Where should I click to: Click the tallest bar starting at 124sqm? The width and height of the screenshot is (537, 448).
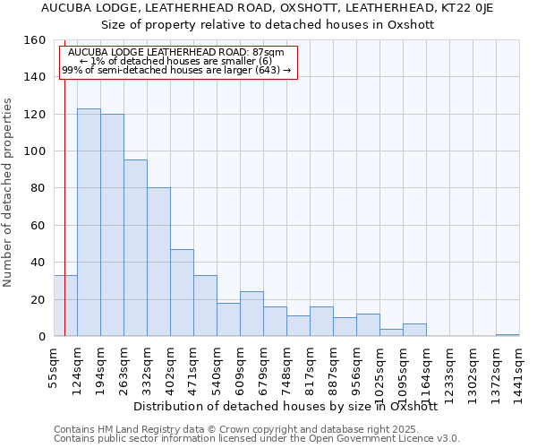click(x=89, y=222)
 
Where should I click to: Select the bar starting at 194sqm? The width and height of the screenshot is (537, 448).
click(x=112, y=225)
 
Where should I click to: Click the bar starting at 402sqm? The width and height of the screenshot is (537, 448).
click(x=182, y=292)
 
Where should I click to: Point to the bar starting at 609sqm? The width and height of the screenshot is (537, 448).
click(x=251, y=314)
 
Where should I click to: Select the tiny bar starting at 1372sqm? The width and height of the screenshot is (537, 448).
click(x=507, y=335)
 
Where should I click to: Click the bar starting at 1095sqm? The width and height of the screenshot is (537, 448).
click(x=414, y=330)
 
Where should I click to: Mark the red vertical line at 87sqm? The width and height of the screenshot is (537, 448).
click(x=65, y=179)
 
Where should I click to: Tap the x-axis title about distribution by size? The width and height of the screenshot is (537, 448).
click(x=285, y=406)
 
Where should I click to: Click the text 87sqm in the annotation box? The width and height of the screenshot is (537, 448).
click(x=269, y=52)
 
